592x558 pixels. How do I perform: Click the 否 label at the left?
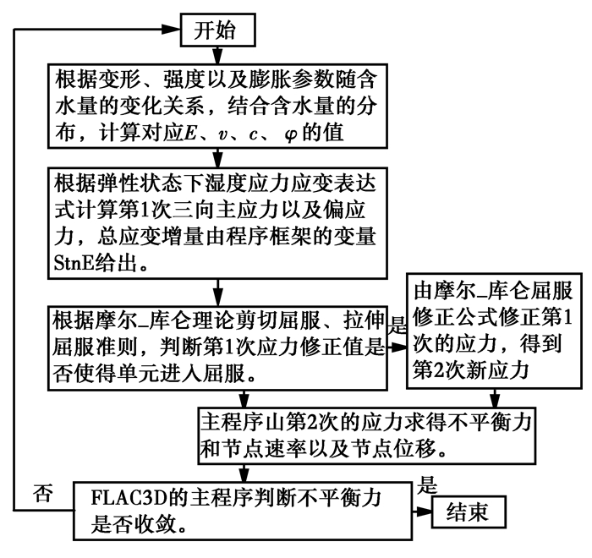pyautogui.click(x=40, y=490)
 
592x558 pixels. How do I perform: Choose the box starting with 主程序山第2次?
pyautogui.click(x=366, y=435)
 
